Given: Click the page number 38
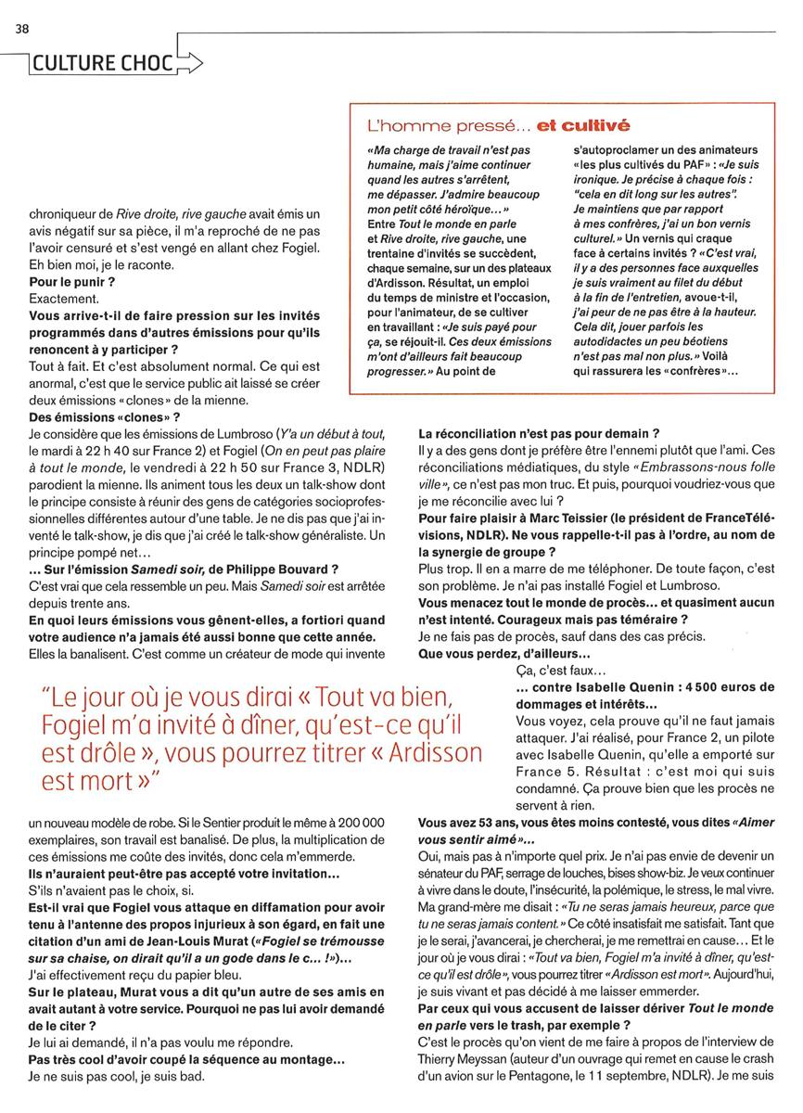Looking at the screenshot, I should coord(21,29).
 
